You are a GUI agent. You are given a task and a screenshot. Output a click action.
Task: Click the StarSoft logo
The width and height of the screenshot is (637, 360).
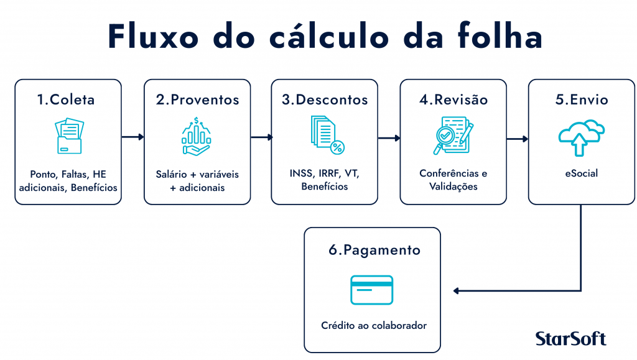[571, 338]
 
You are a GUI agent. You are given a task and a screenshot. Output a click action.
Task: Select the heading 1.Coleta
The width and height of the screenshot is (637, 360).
[66, 100]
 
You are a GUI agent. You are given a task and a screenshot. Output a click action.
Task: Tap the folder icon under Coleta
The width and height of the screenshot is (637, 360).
[69, 136]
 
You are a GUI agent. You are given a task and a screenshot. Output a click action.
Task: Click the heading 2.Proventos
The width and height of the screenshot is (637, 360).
[197, 100]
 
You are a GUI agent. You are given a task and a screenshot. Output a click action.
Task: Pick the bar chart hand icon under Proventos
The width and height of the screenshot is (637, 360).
[196, 136]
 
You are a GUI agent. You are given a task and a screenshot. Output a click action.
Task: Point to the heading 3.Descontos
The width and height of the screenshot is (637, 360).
[325, 100]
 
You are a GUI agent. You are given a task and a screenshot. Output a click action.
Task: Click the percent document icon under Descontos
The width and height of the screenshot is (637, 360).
[327, 135]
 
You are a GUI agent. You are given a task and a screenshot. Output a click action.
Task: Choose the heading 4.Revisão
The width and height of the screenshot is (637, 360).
[453, 100]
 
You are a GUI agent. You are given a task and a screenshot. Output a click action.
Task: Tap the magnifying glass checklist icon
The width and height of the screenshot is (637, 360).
[453, 136]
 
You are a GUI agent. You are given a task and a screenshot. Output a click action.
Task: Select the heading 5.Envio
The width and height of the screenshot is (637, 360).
[582, 100]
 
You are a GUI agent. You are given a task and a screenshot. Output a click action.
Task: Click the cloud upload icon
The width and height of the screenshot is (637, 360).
[582, 138]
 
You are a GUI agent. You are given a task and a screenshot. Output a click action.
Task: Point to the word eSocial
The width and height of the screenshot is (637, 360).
[582, 173]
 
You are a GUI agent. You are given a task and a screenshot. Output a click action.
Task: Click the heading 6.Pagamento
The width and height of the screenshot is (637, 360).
[374, 250]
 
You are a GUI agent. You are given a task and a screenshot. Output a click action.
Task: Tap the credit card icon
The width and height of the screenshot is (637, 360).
[372, 290]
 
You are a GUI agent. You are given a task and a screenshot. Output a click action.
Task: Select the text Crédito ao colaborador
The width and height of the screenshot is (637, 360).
[374, 326]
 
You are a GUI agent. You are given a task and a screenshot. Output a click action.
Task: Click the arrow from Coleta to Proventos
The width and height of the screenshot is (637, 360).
[133, 137]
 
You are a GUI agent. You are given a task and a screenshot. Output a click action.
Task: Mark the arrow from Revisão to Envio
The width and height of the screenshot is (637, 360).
[517, 139]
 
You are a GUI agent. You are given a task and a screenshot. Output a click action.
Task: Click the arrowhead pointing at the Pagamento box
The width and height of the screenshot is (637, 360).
[456, 290]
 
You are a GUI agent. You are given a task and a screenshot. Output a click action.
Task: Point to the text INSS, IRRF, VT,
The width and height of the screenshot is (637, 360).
[325, 173]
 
